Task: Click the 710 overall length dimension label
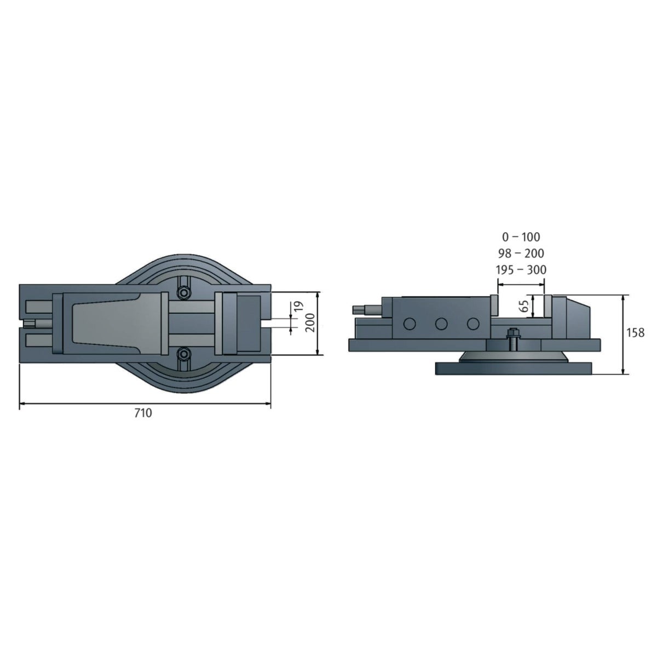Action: (x=143, y=413)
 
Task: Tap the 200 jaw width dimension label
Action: (x=310, y=322)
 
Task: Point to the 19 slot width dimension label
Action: (x=298, y=307)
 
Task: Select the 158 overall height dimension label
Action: (x=636, y=332)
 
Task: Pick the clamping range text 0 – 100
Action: (x=521, y=237)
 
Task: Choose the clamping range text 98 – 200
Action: (x=521, y=253)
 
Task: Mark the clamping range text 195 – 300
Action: (x=521, y=269)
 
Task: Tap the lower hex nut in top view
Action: (x=184, y=354)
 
